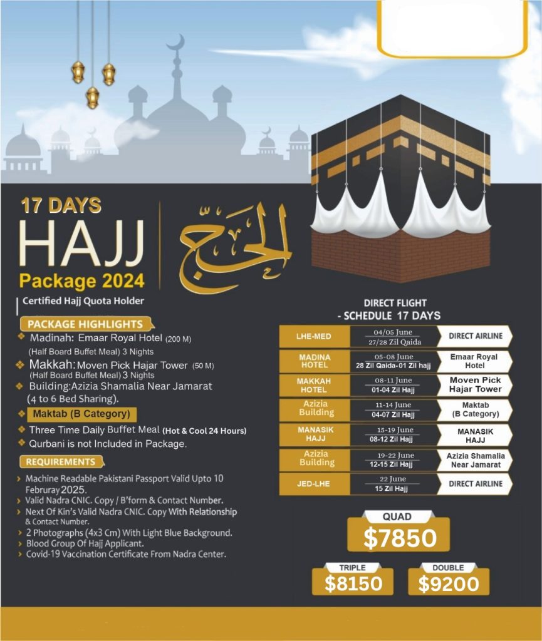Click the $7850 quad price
point(399,539)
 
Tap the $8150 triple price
point(353,583)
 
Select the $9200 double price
point(448,583)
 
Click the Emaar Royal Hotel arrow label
point(474,361)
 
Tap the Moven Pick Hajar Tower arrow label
point(474,384)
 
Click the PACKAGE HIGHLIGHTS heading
point(85,324)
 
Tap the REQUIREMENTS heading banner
point(61,462)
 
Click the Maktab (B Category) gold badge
point(81,414)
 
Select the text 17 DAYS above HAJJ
point(61,205)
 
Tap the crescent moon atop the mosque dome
point(175,44)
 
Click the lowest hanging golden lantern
point(93,97)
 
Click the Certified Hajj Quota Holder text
point(83,301)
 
